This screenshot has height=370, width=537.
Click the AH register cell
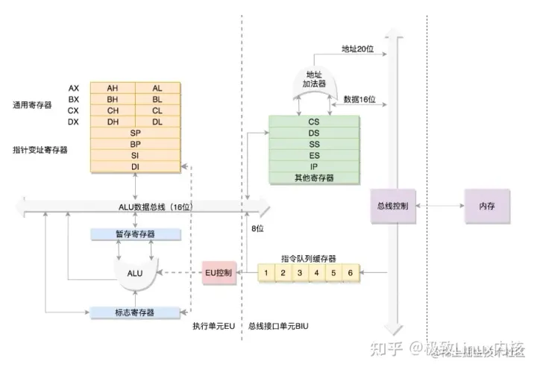pyautogui.click(x=113, y=88)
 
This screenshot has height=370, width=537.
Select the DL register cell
pyautogui.click(x=157, y=122)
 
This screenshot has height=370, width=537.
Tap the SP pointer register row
pyautogui.click(x=135, y=133)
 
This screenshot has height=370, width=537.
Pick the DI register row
pyautogui.click(x=135, y=166)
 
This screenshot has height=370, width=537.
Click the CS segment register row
pyautogui.click(x=314, y=122)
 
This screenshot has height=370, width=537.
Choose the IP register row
pyautogui.click(x=314, y=166)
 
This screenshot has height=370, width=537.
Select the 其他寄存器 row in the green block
pyautogui.click(x=314, y=178)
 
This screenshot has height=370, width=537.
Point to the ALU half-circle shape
pyautogui.click(x=135, y=273)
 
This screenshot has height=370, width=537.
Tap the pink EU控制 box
pyautogui.click(x=219, y=273)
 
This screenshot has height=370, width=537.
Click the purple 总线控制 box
pyautogui.click(x=393, y=205)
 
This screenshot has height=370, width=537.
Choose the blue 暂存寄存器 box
pyautogui.click(x=135, y=234)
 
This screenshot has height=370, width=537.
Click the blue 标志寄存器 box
pyautogui.click(x=135, y=312)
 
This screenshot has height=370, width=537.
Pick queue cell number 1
pyautogui.click(x=266, y=273)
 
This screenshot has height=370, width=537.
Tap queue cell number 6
pyautogui.click(x=350, y=273)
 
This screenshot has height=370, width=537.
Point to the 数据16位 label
pyautogui.click(x=359, y=99)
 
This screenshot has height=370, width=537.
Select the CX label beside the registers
pyautogui.click(x=73, y=110)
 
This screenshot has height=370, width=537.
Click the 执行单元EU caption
pyautogui.click(x=213, y=327)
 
